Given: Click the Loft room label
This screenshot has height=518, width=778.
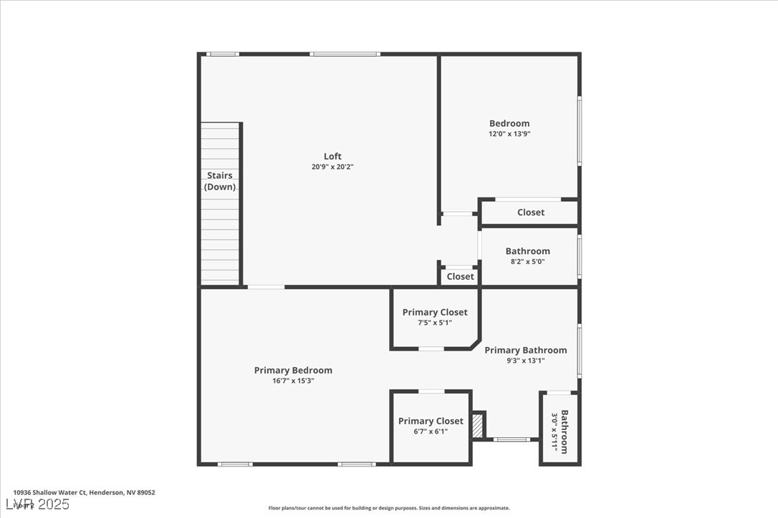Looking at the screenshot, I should coord(332,156).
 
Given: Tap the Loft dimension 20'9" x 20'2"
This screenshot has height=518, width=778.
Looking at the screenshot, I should coord(332,167).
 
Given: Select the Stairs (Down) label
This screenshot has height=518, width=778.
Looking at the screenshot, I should coord(220,181).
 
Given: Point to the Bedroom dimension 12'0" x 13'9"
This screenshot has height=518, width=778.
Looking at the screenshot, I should coord(509,134).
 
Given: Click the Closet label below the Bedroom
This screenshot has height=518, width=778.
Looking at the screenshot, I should coord(530,212).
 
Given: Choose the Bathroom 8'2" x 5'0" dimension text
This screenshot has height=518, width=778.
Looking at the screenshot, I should coord(527,262).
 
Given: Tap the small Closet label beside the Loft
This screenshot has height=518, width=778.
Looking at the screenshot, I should coord(460,277).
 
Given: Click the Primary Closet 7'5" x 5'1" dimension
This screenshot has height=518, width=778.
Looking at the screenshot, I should coord(434,323).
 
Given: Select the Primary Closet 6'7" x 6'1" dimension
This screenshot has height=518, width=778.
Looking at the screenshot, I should coord(431,431).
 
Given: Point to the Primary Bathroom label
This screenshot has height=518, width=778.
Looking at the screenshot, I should coord(525,350).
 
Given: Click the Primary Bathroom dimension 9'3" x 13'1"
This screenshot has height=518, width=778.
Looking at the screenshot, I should coord(525,361).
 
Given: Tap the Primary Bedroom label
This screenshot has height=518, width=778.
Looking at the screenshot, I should coord(293,370).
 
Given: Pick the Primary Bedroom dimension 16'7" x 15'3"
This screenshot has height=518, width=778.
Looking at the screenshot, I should coord(293,381).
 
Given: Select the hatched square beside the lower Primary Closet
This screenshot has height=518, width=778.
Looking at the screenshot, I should coord(478,425).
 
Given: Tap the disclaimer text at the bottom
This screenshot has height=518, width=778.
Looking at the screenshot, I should coord(389,508).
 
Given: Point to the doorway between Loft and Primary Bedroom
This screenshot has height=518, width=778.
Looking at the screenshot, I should coord(266,287).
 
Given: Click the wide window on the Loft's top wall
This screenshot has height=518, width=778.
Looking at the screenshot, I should coord(345,54).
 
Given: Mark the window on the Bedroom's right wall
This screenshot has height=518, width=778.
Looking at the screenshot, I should coord(579,132).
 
